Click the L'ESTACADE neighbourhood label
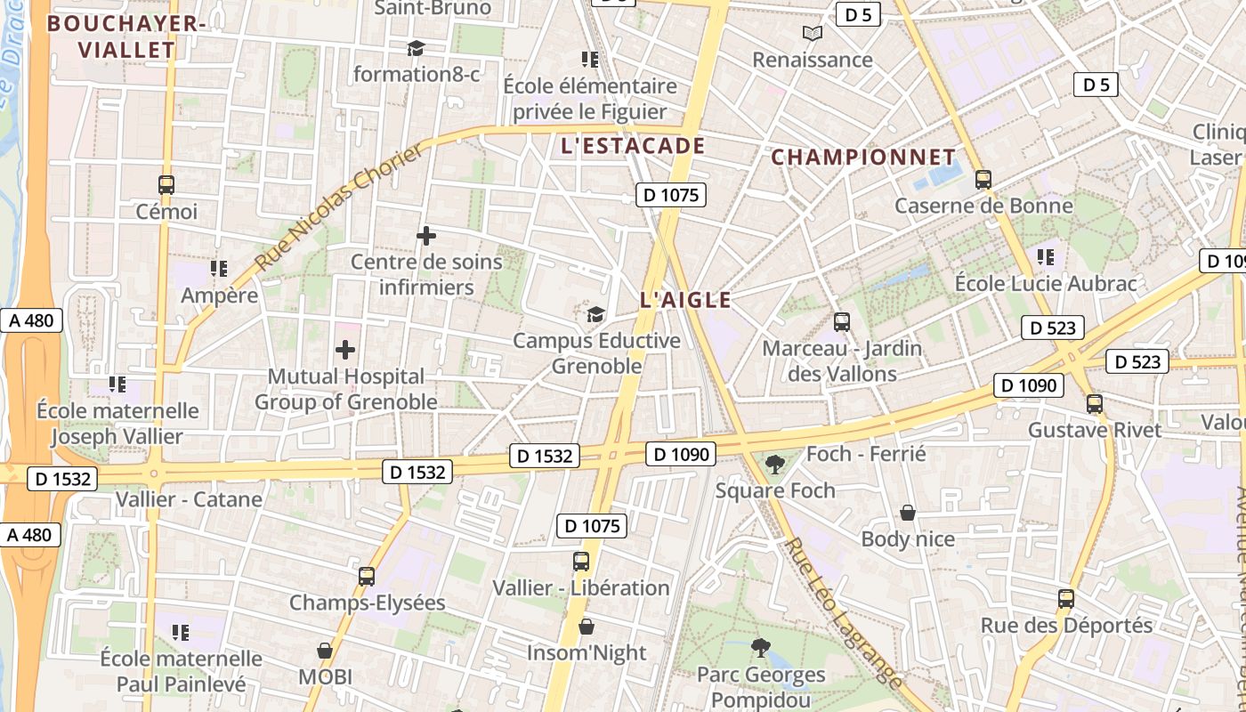point(633,146)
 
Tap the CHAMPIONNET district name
point(862,158)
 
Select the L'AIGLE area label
point(685,300)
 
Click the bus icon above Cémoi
point(166,185)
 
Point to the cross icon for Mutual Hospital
point(344,350)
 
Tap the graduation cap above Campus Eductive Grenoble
point(595,314)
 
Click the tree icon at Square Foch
point(775,464)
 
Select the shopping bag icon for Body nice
point(908,513)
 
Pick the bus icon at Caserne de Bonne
point(983,179)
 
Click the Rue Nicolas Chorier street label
point(341,208)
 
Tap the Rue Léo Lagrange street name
point(844,613)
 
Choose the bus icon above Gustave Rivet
point(1095,403)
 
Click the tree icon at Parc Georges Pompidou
point(760,648)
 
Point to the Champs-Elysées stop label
point(367,603)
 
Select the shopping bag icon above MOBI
point(325,651)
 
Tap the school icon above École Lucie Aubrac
point(1046,257)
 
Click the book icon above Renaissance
point(812,34)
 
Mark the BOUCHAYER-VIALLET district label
point(126,36)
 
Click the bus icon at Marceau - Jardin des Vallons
point(842,321)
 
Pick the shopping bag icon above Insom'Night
point(586,627)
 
